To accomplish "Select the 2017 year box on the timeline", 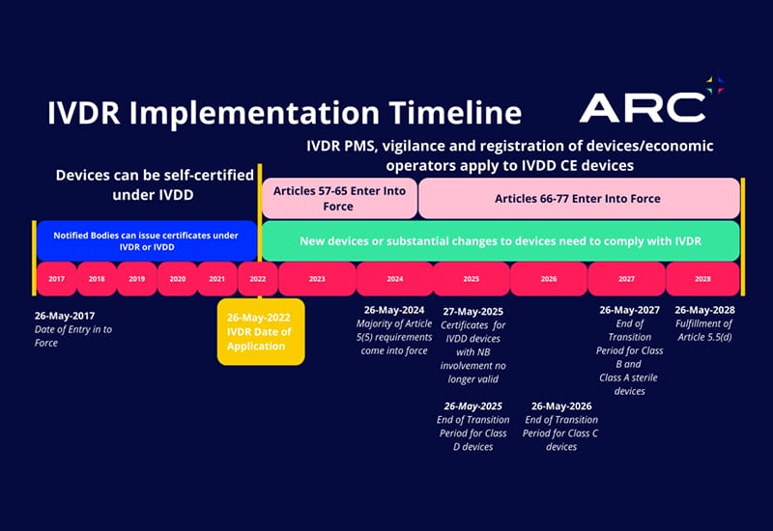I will (x=56, y=279).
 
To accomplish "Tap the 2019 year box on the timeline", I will (x=136, y=279).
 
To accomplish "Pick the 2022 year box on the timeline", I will (x=257, y=279).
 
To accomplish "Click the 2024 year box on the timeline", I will (x=394, y=279).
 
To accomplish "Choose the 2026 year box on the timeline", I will (x=548, y=279).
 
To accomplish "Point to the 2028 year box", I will (x=702, y=279).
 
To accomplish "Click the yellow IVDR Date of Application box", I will (x=260, y=331).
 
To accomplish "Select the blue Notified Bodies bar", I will (x=146, y=240).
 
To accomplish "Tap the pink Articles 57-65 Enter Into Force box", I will (x=339, y=198).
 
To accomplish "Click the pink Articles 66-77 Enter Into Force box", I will (x=578, y=198).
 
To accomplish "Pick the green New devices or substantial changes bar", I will (x=501, y=239).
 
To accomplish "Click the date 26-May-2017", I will (x=65, y=315).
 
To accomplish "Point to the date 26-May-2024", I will (x=393, y=310).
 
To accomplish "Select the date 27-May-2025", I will (x=472, y=311).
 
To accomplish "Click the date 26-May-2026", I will (x=560, y=405).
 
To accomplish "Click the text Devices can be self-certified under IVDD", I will (x=155, y=184).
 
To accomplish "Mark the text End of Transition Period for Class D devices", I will (x=472, y=433).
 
